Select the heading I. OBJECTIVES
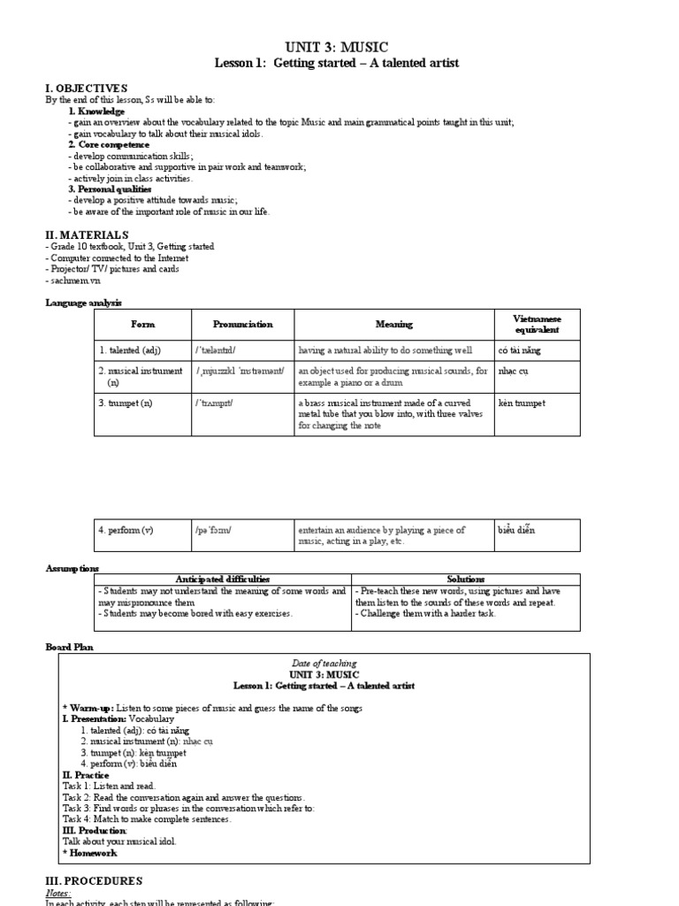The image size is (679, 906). [87, 88]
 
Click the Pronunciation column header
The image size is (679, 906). [243, 324]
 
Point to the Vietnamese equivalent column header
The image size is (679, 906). [537, 324]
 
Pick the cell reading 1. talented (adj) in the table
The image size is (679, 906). [130, 350]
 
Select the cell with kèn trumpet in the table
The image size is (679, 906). [523, 403]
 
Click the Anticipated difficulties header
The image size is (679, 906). [223, 579]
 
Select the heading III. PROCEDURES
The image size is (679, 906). [94, 881]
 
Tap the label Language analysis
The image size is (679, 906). [84, 303]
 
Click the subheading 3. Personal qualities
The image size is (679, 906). [110, 189]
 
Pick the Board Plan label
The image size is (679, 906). [69, 647]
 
